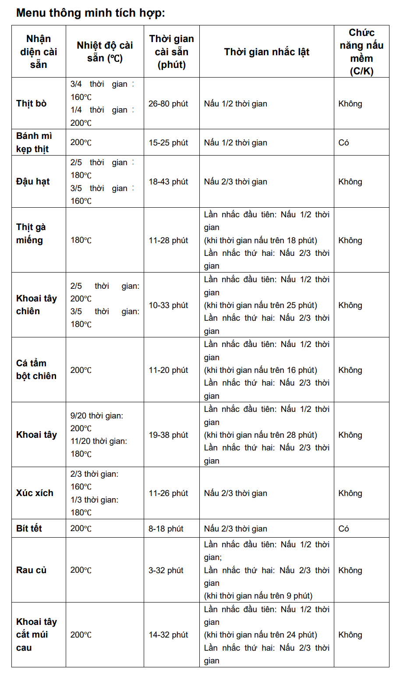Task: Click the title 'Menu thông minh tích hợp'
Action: pos(90,13)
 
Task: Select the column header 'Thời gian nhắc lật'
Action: pos(266,52)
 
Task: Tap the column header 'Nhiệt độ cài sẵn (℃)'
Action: pos(105,52)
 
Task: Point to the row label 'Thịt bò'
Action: pos(31,103)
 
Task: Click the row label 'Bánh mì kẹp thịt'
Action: pos(34,142)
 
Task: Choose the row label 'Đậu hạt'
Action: pos(33,181)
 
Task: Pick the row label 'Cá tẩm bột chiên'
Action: pos(36,369)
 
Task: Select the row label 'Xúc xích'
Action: pos(35,493)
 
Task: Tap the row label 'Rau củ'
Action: pos(31,570)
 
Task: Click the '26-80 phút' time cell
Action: pos(168,104)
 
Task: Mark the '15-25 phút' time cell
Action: pos(168,143)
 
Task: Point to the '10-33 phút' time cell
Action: pos(168,305)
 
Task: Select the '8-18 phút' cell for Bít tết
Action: pos(166,529)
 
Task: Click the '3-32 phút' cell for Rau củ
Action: pos(166,571)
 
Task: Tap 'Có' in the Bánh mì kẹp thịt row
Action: pos(344,143)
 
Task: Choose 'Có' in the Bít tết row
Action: pos(344,529)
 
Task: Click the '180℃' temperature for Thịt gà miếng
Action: pos(81,240)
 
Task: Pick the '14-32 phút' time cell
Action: pos(168,635)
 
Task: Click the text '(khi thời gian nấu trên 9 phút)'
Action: pos(258,596)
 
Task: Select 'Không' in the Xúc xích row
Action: pos(350,493)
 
